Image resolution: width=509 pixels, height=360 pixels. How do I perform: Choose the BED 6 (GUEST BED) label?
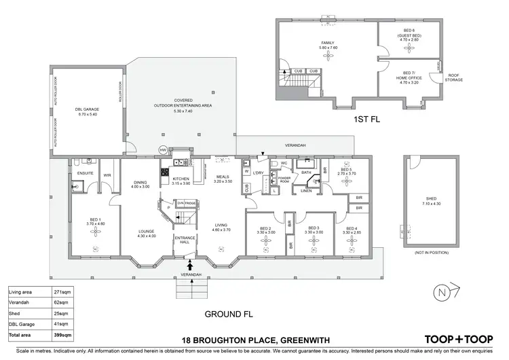click(x=409, y=36)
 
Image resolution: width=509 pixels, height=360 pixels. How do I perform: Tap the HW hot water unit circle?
click(x=162, y=149)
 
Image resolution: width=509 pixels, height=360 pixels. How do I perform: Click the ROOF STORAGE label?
click(x=453, y=79)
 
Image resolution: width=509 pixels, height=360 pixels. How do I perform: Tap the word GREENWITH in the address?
click(x=307, y=339)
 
